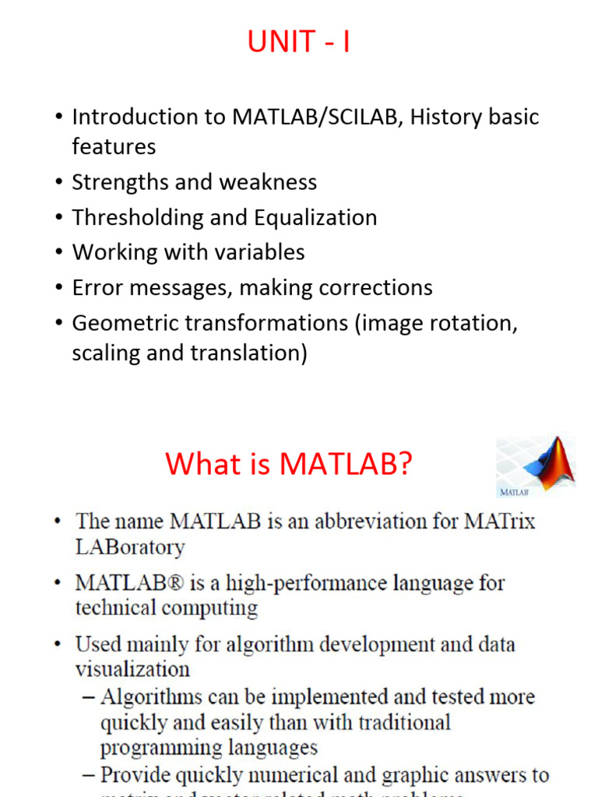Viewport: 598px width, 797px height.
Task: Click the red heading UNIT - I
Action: [298, 41]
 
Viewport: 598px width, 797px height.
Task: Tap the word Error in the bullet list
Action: [95, 287]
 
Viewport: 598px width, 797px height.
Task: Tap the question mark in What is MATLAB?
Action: [403, 465]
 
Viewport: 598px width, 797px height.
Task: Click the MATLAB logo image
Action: [535, 466]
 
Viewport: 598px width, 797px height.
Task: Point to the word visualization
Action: [132, 669]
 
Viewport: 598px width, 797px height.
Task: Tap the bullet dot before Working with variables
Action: [58, 253]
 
